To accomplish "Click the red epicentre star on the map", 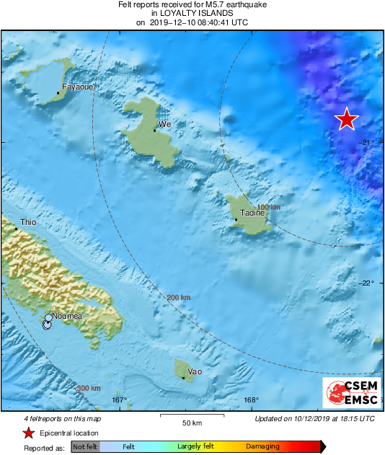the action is (347, 120).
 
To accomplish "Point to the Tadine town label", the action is (251, 214).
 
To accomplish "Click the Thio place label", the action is (28, 223).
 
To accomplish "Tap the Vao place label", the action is (195, 371).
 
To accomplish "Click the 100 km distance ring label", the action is (268, 208).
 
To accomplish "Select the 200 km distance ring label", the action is (179, 297).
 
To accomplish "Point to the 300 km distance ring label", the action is (88, 388).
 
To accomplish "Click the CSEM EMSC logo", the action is (352, 393).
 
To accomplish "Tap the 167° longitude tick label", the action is (120, 400).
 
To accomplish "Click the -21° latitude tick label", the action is (368, 142).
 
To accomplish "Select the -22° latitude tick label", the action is (368, 283).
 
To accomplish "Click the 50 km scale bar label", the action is (190, 422).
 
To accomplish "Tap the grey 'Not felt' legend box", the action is (85, 447).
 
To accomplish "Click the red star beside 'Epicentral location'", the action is (28, 433).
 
